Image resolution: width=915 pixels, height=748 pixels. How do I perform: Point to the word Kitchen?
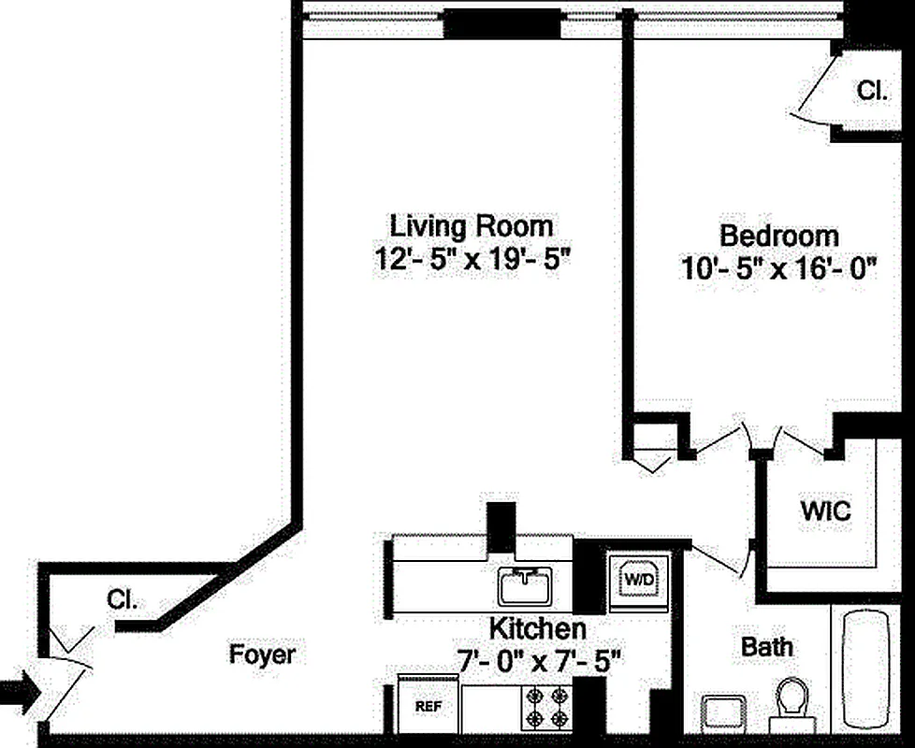click(x=538, y=628)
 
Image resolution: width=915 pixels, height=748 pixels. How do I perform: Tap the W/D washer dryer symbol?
click(x=639, y=580)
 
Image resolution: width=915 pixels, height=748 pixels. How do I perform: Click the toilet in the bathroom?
click(x=792, y=703)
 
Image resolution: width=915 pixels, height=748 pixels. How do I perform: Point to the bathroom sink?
click(x=724, y=713)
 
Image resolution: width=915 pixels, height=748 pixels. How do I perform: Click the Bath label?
click(x=766, y=646)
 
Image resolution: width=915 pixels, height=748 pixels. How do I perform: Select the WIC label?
click(x=824, y=511)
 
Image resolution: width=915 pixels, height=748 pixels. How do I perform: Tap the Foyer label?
click(x=262, y=654)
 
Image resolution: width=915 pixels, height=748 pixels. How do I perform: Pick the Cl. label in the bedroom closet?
click(x=872, y=90)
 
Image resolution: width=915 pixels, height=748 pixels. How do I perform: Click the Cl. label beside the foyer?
click(x=122, y=600)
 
